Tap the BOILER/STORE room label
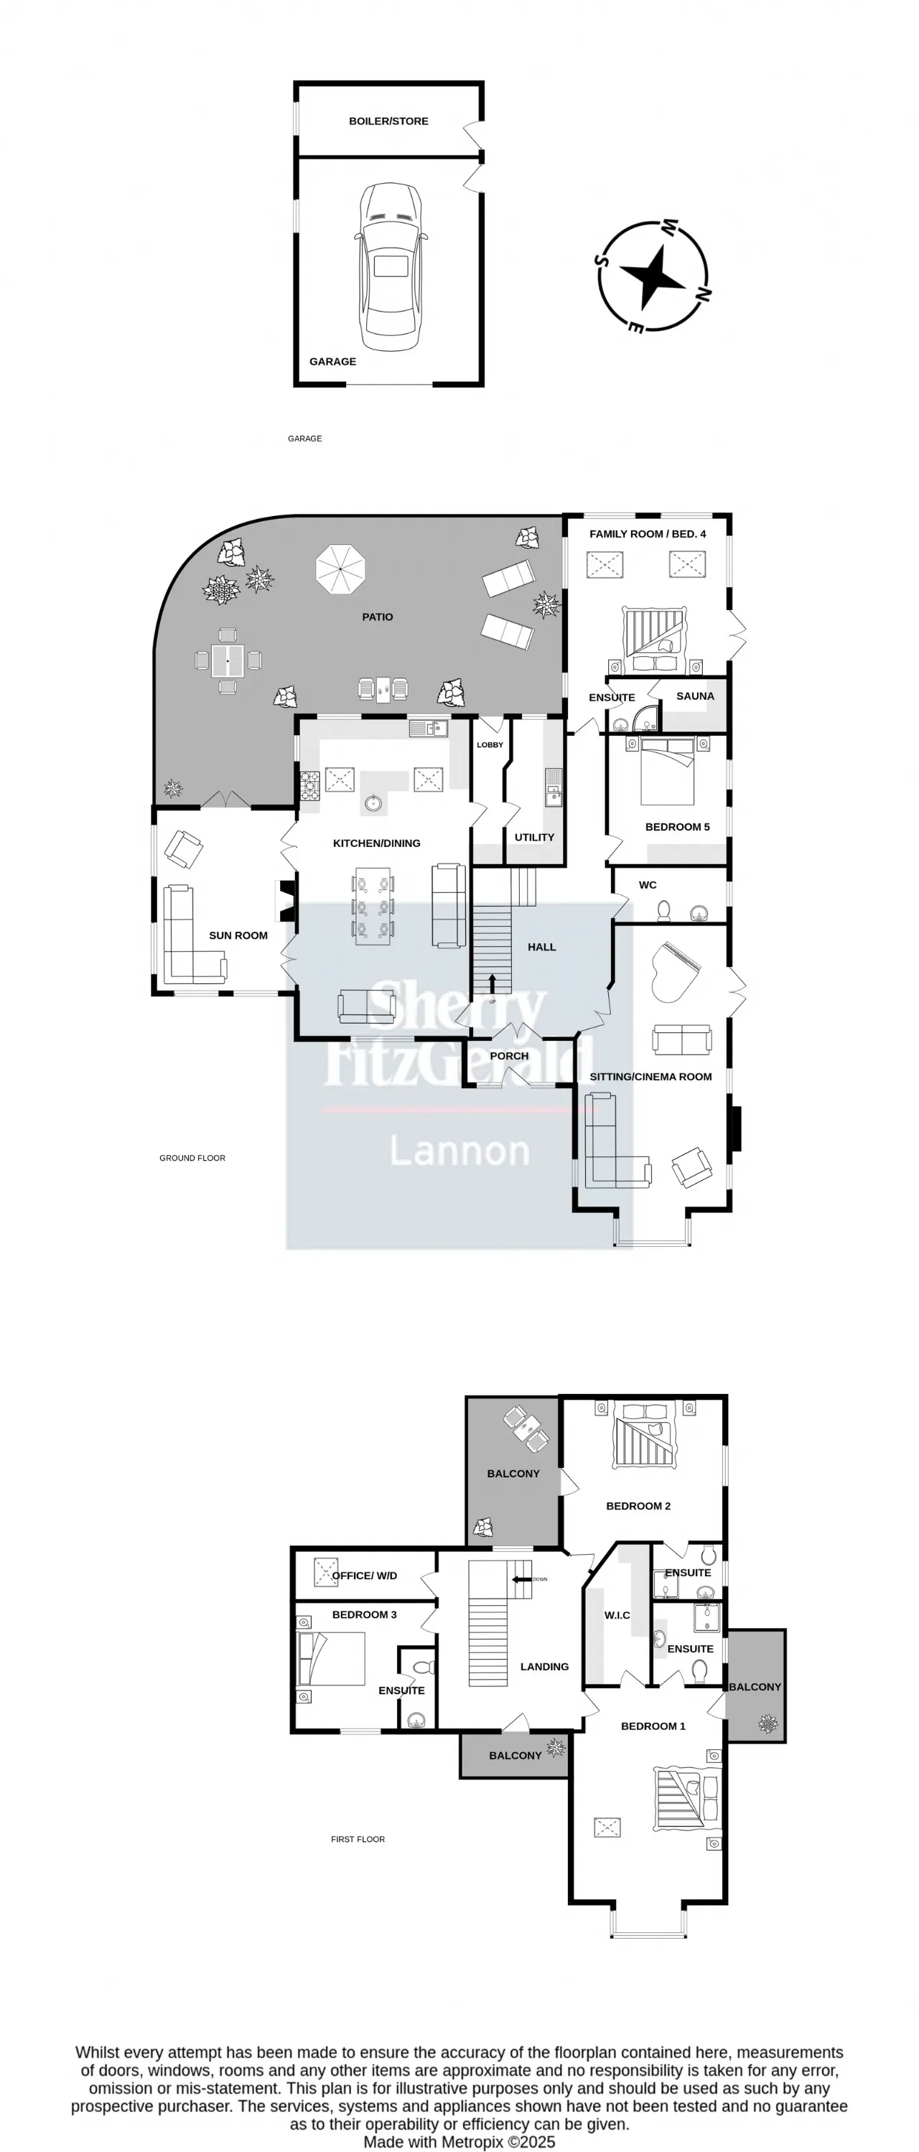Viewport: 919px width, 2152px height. pos(388,121)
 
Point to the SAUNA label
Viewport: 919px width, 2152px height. pos(695,696)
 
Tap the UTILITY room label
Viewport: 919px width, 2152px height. pos(534,837)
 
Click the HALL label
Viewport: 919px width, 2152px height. pos(541,947)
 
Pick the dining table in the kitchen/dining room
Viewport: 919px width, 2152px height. pos(373,907)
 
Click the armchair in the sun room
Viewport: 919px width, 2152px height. pos(183,850)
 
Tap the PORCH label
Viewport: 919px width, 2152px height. pos(509,1056)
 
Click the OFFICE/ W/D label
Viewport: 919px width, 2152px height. pos(364,1576)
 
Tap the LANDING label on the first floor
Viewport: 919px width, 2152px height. pos(544,1667)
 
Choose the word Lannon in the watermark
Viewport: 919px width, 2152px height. pos(459,1151)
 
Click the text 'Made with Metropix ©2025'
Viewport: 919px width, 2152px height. pos(459,2142)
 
